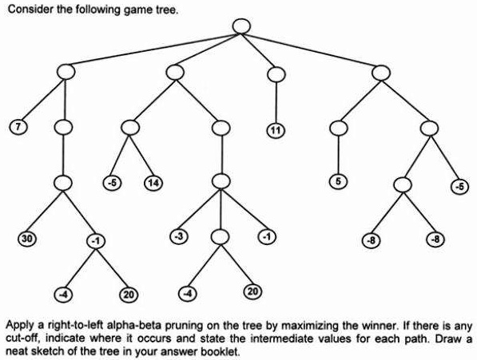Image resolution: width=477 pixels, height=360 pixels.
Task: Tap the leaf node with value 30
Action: [x=27, y=239]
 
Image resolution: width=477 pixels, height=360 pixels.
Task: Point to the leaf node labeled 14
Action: [x=153, y=184]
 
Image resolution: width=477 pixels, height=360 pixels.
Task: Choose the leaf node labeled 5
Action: [x=339, y=182]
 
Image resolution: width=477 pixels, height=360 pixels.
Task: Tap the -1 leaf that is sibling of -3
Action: [x=265, y=236]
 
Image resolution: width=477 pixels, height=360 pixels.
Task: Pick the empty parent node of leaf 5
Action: [x=340, y=127]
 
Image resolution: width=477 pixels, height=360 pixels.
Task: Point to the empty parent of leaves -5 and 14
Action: [x=132, y=127]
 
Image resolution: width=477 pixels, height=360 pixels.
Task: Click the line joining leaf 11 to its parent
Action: [x=276, y=102]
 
